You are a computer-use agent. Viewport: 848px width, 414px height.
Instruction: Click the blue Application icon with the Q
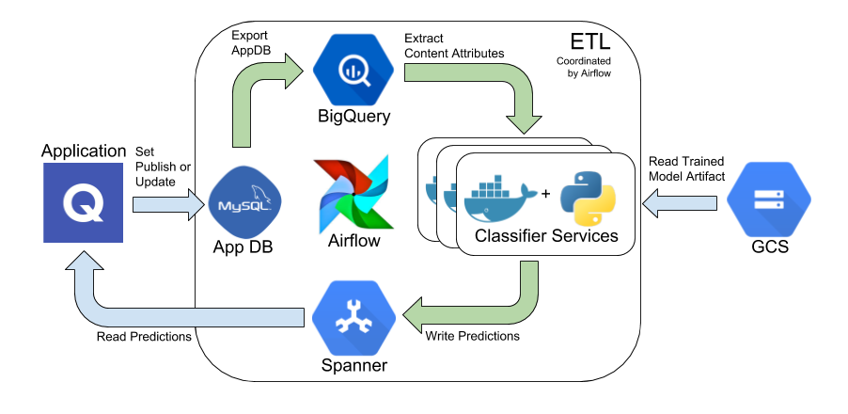(x=84, y=202)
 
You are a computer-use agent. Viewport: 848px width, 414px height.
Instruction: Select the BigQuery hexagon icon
(x=353, y=70)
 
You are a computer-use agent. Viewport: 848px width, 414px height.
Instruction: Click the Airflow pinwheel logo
(x=354, y=193)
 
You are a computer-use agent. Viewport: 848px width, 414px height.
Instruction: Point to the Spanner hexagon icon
(x=353, y=317)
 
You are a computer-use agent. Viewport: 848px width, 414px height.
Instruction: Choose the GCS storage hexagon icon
(x=768, y=200)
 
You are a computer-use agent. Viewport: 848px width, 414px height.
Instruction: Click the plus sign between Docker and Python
(x=545, y=194)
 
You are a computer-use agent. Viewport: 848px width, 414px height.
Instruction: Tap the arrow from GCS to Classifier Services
(x=680, y=202)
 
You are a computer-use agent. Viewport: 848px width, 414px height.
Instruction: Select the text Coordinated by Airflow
(x=584, y=67)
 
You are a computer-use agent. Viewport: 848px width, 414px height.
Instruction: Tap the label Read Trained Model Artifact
(x=686, y=168)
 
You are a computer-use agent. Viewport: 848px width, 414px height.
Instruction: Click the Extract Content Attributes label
(x=454, y=46)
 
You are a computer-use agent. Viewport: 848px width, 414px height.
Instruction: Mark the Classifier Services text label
(x=546, y=236)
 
